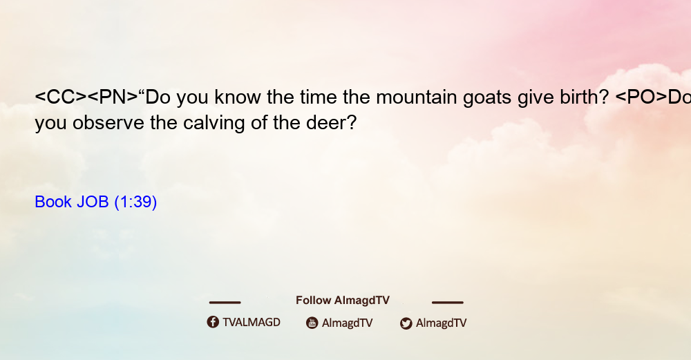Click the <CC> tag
point(61,97)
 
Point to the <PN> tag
point(113,97)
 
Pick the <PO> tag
point(641,97)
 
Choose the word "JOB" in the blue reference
point(93,202)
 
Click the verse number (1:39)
point(135,202)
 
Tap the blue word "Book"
point(53,202)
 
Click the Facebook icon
point(213,322)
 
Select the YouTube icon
point(312,323)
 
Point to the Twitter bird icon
point(406,323)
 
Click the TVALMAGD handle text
point(252,323)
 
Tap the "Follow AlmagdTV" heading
point(343,301)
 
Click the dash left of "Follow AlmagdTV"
point(225,303)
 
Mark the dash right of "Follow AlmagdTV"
point(448,303)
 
